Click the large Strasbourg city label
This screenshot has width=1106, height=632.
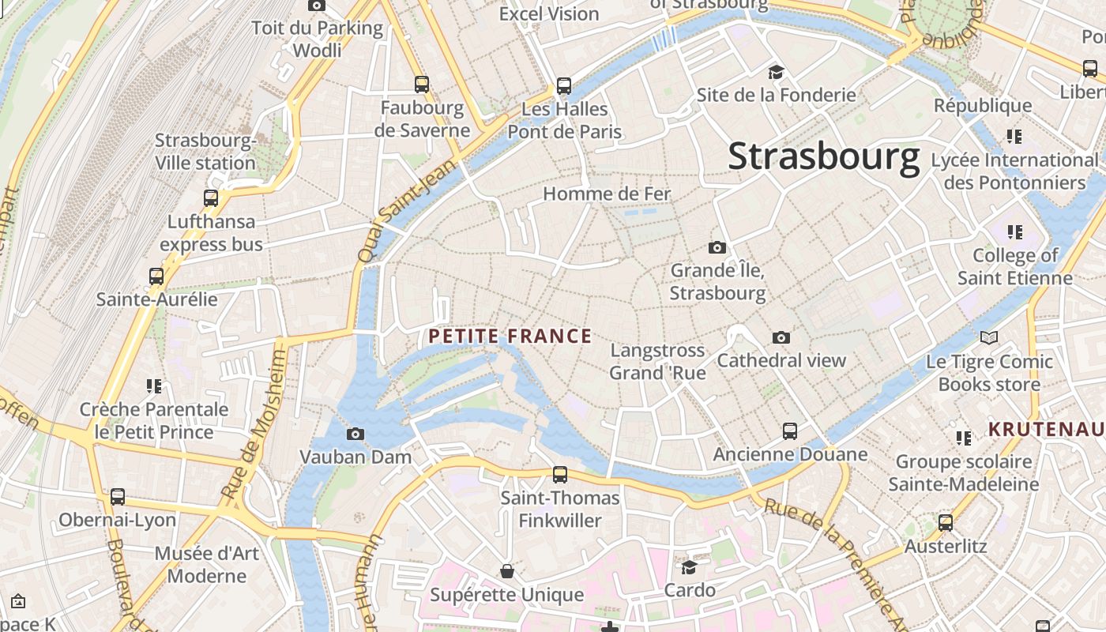click(x=824, y=156)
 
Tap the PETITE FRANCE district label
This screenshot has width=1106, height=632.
click(x=510, y=337)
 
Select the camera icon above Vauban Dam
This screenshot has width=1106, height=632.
click(x=355, y=434)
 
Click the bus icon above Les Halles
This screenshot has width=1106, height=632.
click(x=563, y=85)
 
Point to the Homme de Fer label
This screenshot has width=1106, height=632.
click(x=607, y=194)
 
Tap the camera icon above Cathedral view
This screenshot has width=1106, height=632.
click(x=781, y=337)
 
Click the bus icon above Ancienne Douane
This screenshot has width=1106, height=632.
click(x=789, y=431)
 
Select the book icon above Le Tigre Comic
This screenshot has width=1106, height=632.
click(x=988, y=338)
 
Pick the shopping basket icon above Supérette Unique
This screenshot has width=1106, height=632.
click(x=506, y=570)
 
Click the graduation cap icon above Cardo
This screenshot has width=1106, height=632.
click(x=689, y=567)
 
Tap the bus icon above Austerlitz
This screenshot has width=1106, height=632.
click(x=945, y=522)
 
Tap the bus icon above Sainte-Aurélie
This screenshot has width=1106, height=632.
click(x=156, y=276)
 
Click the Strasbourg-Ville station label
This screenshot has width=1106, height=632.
click(x=205, y=152)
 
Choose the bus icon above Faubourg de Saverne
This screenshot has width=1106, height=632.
click(x=422, y=85)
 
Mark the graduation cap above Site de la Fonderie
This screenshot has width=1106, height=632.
click(x=776, y=73)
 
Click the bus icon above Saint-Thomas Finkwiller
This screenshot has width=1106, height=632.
click(x=559, y=475)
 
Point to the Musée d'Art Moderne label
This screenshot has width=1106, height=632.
click(x=206, y=564)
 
